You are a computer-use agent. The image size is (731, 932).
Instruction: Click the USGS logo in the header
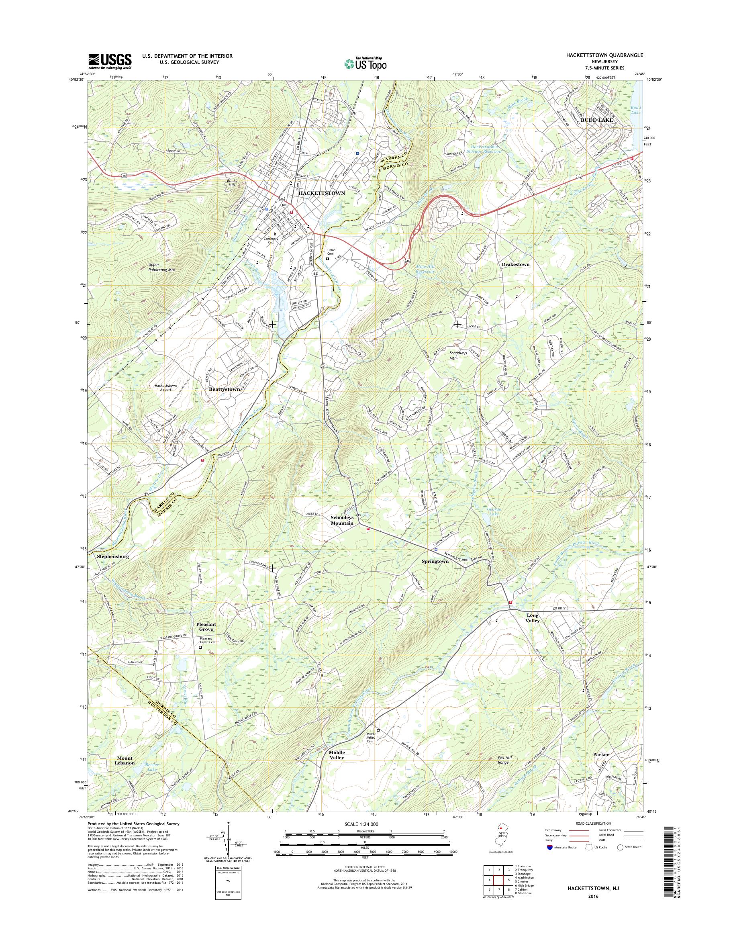[x=110, y=61]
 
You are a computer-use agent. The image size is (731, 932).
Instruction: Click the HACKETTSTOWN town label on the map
[x=321, y=193]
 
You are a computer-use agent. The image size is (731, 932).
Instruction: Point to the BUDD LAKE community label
[x=596, y=120]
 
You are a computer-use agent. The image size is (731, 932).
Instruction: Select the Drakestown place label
[x=515, y=265]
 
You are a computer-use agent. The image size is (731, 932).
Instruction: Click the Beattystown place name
[x=224, y=390]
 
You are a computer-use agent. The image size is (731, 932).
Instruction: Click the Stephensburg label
[x=113, y=556]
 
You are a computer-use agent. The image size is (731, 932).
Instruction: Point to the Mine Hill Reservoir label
[x=425, y=269]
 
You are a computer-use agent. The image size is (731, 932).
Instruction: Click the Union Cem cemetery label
[x=331, y=252]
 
